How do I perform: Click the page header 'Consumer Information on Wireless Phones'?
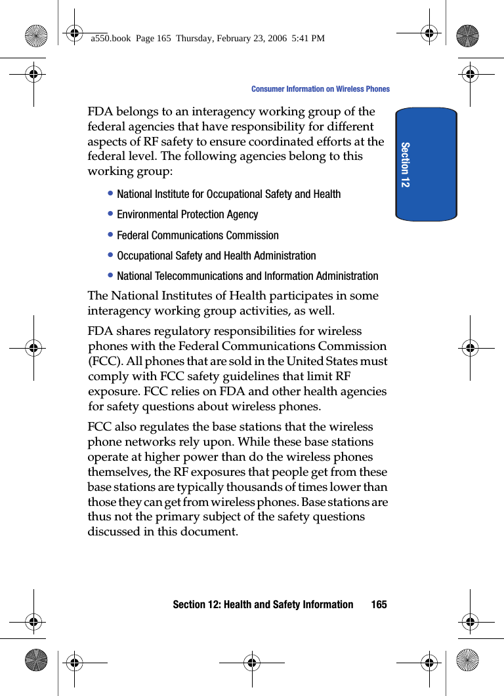320,89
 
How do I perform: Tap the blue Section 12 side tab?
426,164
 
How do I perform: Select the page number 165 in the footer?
379,604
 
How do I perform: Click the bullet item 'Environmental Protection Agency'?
187,214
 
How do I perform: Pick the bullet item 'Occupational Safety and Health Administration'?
216,256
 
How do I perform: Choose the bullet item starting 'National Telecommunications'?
247,276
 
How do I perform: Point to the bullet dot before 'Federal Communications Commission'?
112,235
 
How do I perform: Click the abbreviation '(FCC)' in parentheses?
104,361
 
